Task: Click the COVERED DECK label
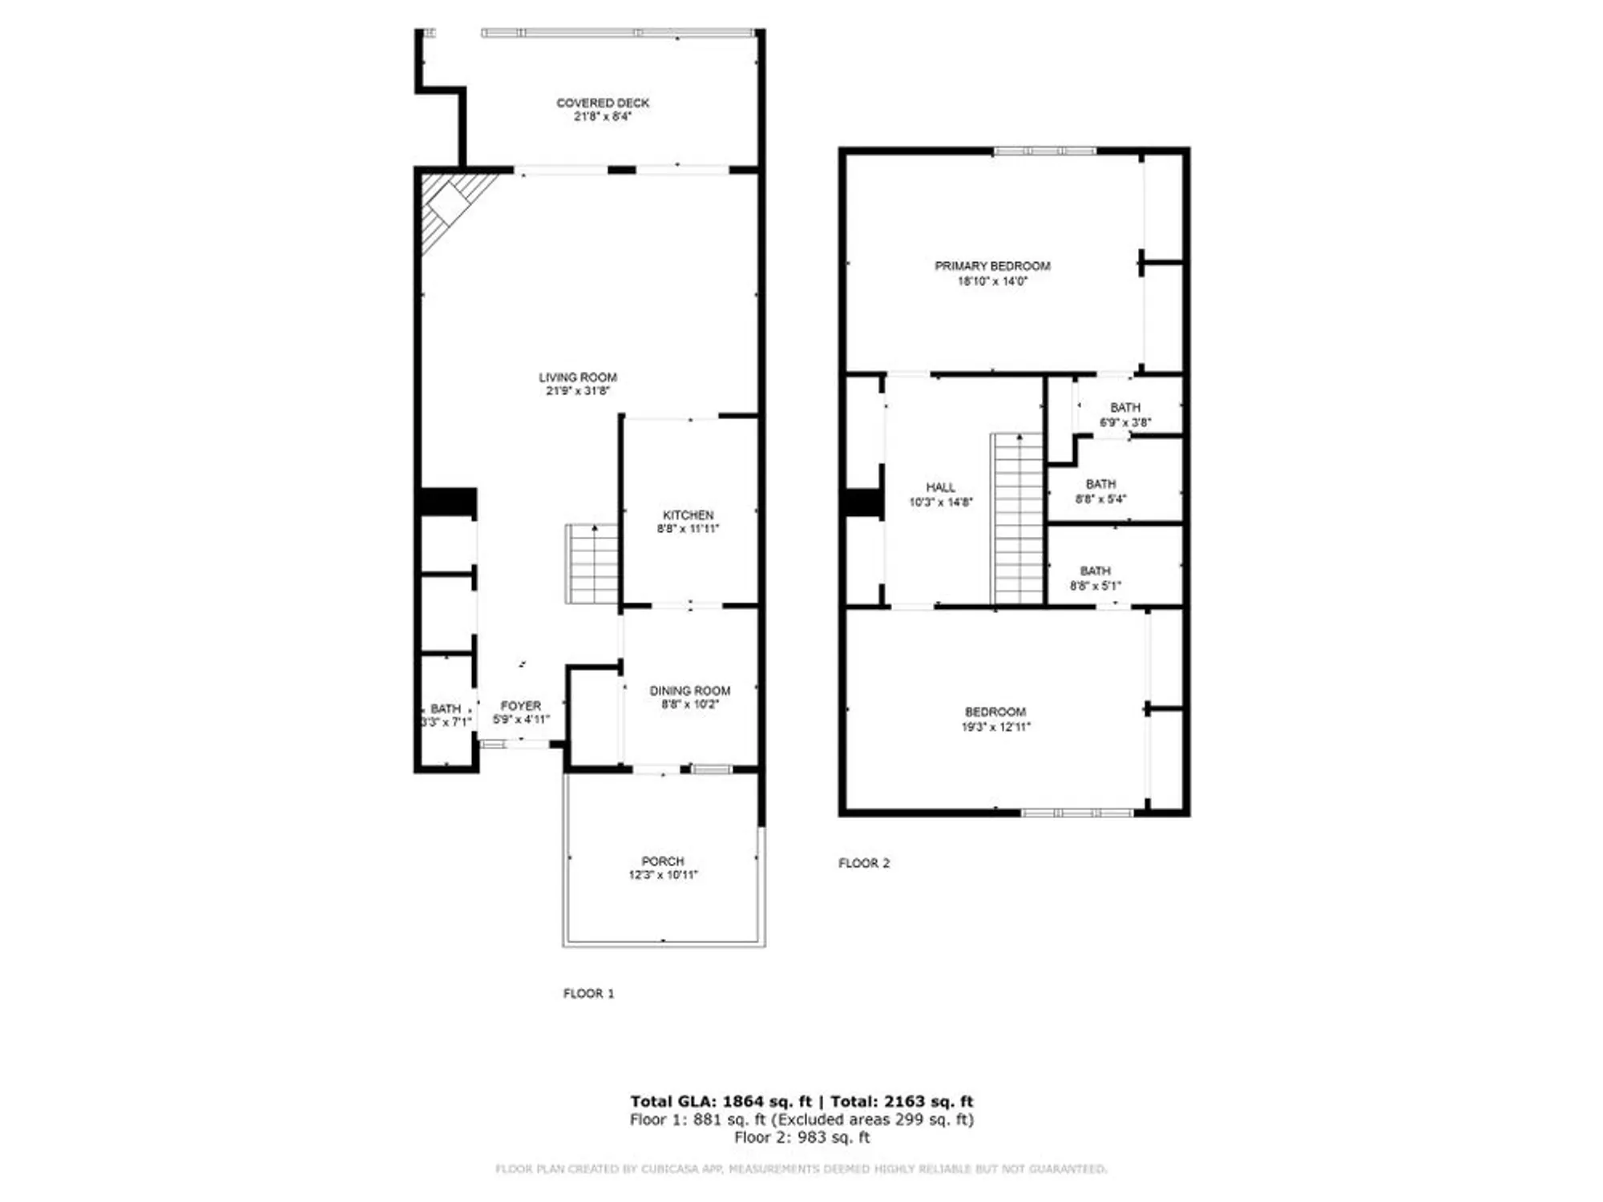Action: (x=603, y=103)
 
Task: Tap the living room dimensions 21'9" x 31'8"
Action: (x=577, y=391)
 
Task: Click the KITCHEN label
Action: (x=688, y=514)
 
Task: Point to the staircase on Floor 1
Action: (x=592, y=564)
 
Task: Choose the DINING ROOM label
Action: (x=689, y=690)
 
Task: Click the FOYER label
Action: (x=521, y=705)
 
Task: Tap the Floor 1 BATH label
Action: (x=446, y=708)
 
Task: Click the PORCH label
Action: (x=663, y=861)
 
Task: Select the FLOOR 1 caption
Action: (x=588, y=993)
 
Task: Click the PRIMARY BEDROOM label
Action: (x=992, y=266)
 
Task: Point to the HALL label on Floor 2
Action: (x=940, y=487)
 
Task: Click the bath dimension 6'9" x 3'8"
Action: (x=1125, y=422)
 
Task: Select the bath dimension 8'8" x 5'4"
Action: (x=1100, y=498)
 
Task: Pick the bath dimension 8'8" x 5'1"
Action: (x=1095, y=586)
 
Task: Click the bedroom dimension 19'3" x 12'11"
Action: (x=995, y=727)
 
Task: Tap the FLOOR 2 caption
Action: (x=863, y=863)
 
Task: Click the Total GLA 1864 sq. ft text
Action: (x=721, y=1101)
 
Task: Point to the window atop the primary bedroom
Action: (x=1044, y=151)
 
